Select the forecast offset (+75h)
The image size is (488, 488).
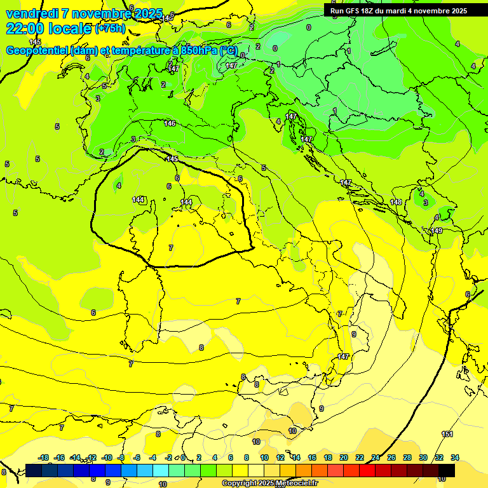[110, 29]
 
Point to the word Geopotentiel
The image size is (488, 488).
[36, 51]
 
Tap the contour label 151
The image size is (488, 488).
[447, 434]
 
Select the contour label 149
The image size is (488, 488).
[437, 231]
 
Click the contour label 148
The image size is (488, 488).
[396, 202]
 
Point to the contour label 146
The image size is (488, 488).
[170, 123]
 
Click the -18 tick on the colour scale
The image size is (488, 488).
[44, 457]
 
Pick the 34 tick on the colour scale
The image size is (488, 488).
[455, 457]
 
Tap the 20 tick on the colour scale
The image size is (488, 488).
[344, 457]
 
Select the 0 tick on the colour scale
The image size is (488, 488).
[183, 457]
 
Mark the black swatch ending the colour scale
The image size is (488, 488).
[447, 470]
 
